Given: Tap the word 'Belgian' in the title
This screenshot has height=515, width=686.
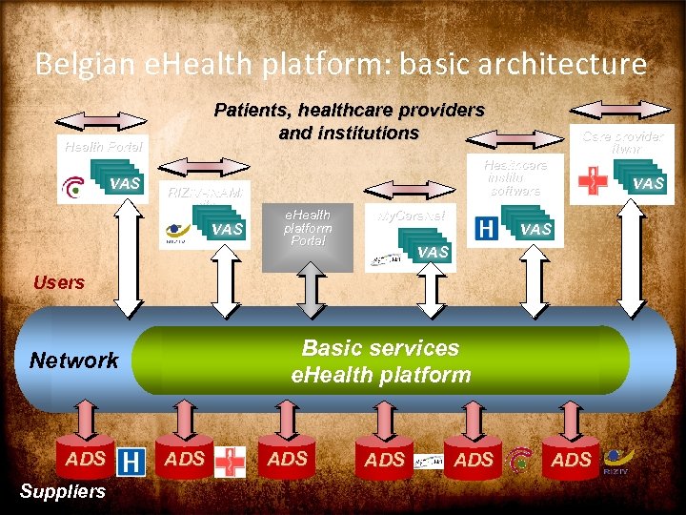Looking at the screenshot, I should pyautogui.click(x=83, y=65).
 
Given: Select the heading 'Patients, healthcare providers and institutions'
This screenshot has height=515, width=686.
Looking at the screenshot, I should pyautogui.click(x=349, y=121).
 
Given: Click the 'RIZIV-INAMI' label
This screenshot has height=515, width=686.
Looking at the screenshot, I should pyautogui.click(x=206, y=193).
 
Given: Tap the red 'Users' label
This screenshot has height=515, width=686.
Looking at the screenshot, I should pyautogui.click(x=59, y=282).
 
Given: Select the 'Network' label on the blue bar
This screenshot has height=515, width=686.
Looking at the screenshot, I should pyautogui.click(x=74, y=360).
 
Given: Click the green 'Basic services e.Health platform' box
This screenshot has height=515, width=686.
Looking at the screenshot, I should pyautogui.click(x=380, y=360).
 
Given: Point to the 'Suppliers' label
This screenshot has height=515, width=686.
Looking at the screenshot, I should pyautogui.click(x=63, y=492).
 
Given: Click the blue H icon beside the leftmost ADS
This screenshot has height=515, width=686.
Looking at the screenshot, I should pyautogui.click(x=131, y=463).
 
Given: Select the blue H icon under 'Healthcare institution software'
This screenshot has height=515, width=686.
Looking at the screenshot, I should pyautogui.click(x=486, y=228).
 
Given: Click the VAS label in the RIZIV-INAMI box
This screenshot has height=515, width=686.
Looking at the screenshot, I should pyautogui.click(x=228, y=229).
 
